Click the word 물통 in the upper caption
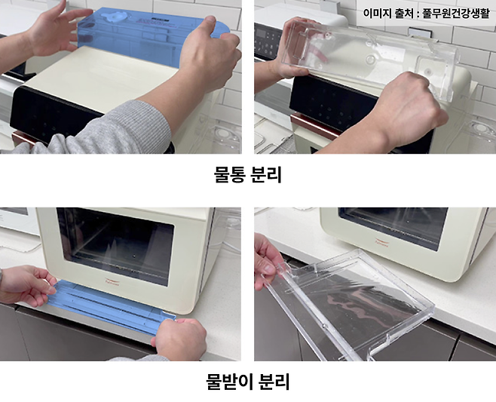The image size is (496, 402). tap(228, 176)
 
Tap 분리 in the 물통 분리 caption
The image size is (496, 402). tap(267, 176)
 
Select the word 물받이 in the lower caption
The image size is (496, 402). tap(228, 382)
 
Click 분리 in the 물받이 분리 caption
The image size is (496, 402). tap(274, 382)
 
